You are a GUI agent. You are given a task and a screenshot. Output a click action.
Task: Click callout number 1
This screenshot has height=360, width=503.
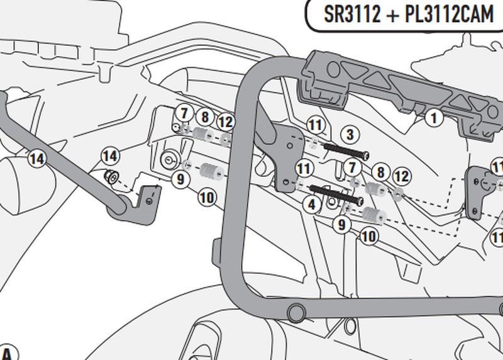(x=433, y=116)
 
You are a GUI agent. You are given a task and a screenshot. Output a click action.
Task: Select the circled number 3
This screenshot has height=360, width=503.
(x=350, y=135)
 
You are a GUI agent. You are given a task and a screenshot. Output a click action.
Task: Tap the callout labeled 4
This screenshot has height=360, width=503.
(x=311, y=204)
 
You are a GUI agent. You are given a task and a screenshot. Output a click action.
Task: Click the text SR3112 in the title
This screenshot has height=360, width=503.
(x=352, y=14)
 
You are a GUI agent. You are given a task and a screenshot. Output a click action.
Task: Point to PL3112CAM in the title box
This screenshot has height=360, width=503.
(x=448, y=14)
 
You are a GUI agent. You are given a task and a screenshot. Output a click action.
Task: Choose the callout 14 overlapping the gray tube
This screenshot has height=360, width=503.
(x=37, y=159)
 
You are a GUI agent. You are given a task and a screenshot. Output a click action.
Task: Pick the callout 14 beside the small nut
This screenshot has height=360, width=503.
(x=110, y=155)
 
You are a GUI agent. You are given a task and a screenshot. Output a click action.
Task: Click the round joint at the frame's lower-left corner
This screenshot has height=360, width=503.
(x=294, y=312)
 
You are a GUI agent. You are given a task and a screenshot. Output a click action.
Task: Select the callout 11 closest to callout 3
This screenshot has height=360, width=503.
(x=315, y=125)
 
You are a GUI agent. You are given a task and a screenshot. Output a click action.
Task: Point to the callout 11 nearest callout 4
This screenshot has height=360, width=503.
(x=305, y=169)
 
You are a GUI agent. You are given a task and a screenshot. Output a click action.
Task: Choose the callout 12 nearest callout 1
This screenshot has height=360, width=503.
(x=402, y=178)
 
